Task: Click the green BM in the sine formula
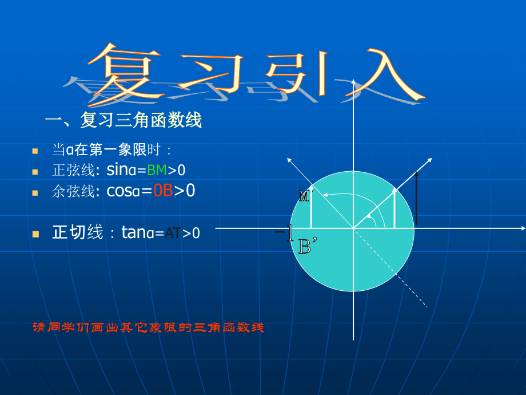pyautogui.click(x=157, y=170)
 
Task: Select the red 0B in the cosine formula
pyautogui.click(x=163, y=191)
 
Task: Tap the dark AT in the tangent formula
pyautogui.click(x=173, y=233)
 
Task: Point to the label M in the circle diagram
pyautogui.click(x=304, y=196)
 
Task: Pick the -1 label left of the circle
pyautogui.click(x=284, y=232)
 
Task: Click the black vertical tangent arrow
pyautogui.click(x=417, y=197)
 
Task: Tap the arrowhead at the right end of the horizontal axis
pyautogui.click(x=522, y=228)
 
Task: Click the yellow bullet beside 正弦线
pyautogui.click(x=35, y=171)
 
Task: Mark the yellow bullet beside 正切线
pyautogui.click(x=35, y=234)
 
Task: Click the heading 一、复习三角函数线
pyautogui.click(x=123, y=121)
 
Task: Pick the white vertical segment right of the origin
pyautogui.click(x=395, y=207)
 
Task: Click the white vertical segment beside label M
pyautogui.click(x=311, y=207)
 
